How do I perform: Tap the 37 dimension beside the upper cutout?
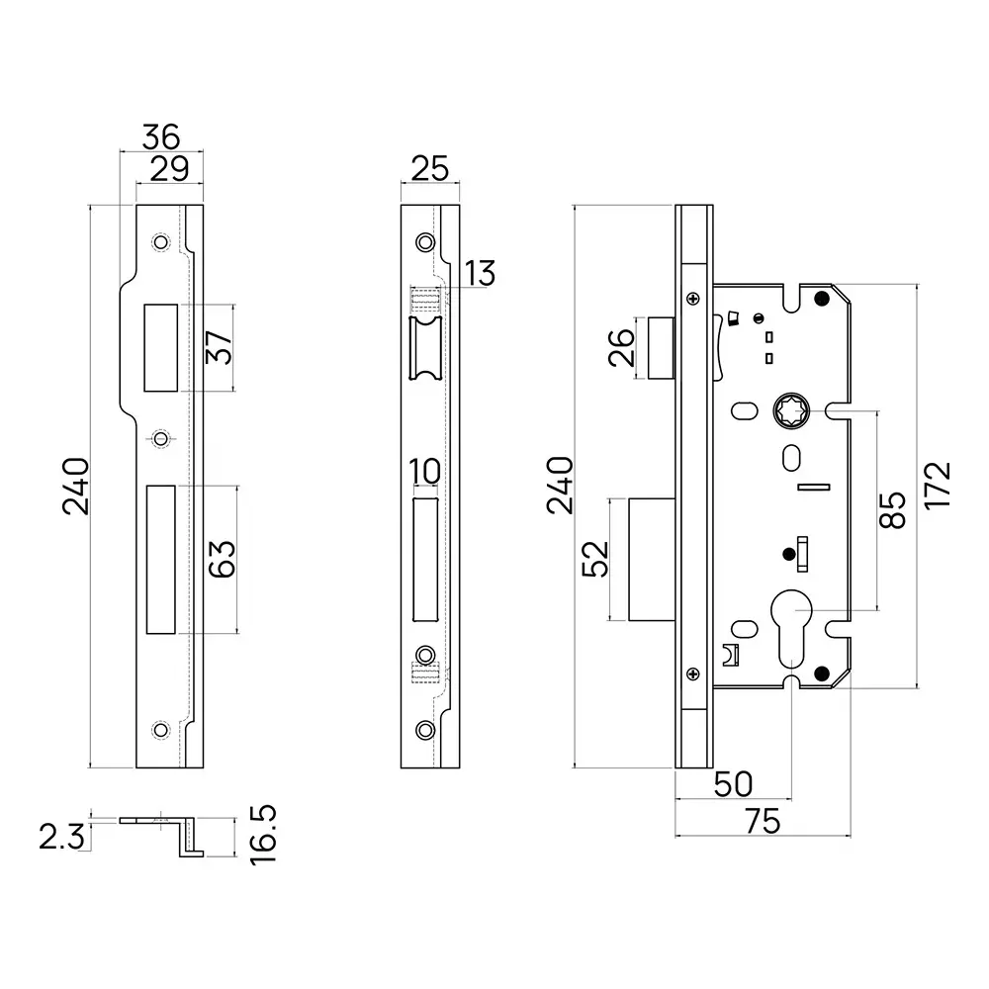pos(221,347)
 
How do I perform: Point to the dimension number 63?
pos(221,559)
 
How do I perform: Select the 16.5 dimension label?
pos(263,834)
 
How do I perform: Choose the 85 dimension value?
pos(892,509)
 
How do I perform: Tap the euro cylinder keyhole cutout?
pos(792,633)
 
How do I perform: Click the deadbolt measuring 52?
pos(652,561)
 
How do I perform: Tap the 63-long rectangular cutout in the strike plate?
pos(161,559)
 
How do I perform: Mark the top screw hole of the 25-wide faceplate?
pos(425,242)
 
